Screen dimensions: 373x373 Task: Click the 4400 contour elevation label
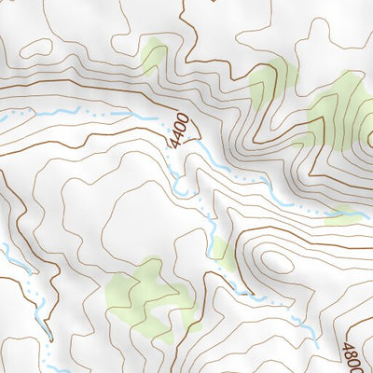179,131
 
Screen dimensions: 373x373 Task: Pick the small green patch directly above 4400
154,56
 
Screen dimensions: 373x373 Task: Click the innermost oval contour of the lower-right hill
276,262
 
